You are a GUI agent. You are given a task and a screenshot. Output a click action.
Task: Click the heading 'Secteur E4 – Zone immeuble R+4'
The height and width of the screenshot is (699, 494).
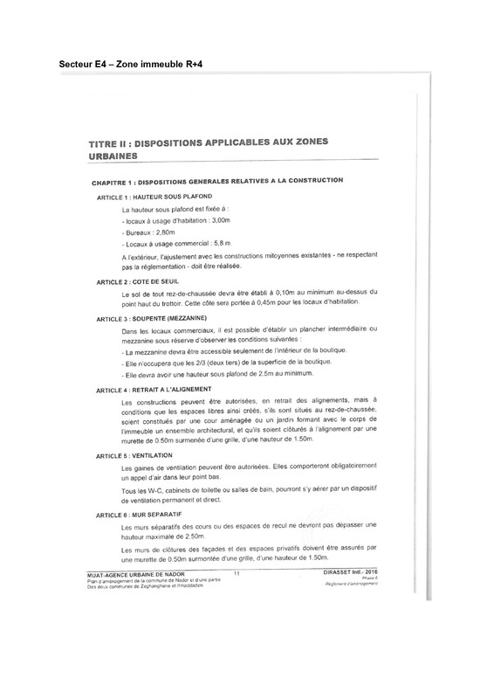(x=134, y=64)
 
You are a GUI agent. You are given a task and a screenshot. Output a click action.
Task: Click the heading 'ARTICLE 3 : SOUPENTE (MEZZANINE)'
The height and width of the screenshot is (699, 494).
(x=152, y=321)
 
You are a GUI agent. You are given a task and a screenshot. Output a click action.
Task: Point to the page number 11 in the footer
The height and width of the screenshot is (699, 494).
(x=237, y=572)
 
